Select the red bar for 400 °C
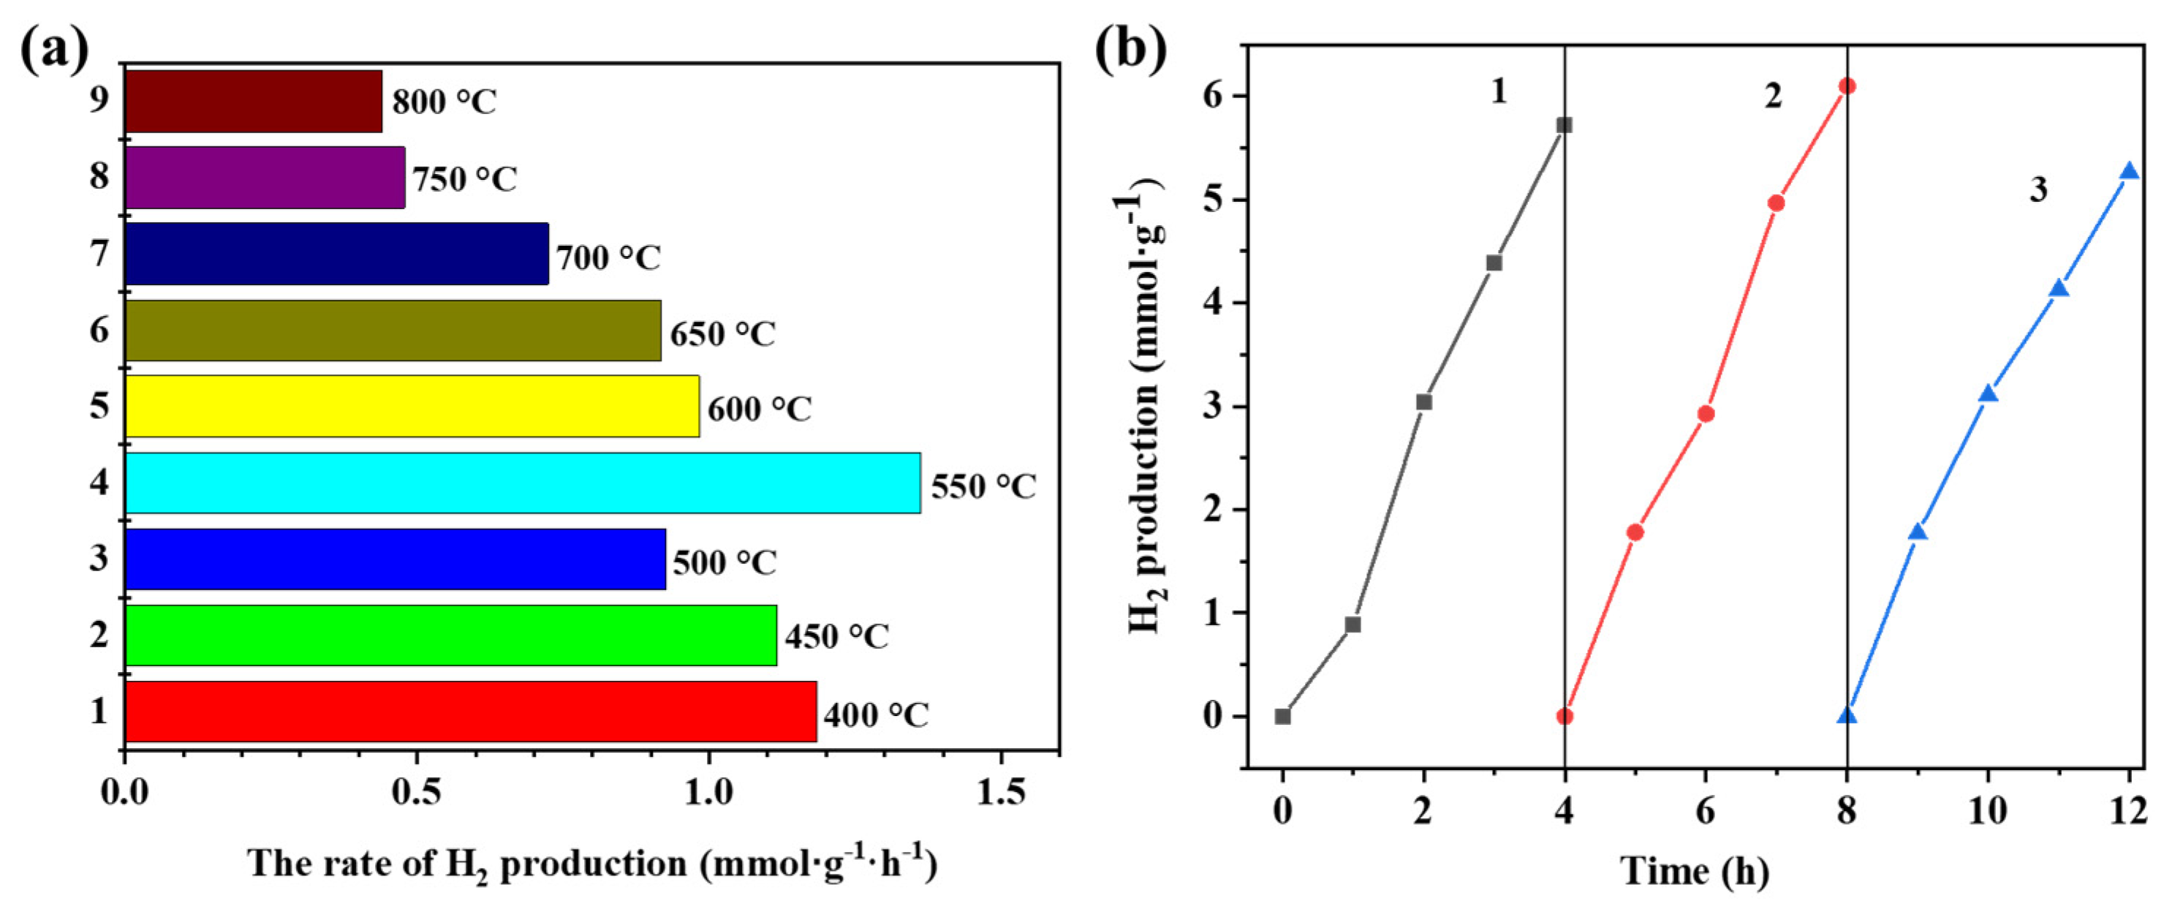pos(470,711)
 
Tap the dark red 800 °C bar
pos(254,101)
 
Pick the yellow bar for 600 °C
pos(412,406)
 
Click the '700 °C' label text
pos(608,257)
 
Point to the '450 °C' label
pos(836,637)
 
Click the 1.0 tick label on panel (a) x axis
pos(708,792)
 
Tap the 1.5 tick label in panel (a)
pos(1001,792)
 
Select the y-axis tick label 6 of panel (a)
pos(99,330)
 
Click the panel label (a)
pos(54,50)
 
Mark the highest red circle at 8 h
pos(1847,86)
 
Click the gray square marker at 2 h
pos(1424,401)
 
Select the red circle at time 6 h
pos(1706,413)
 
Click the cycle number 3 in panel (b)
pos(2038,190)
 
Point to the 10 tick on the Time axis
pos(1988,812)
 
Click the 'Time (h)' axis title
pos(1694,870)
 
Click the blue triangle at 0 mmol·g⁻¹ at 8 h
pos(1847,716)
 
